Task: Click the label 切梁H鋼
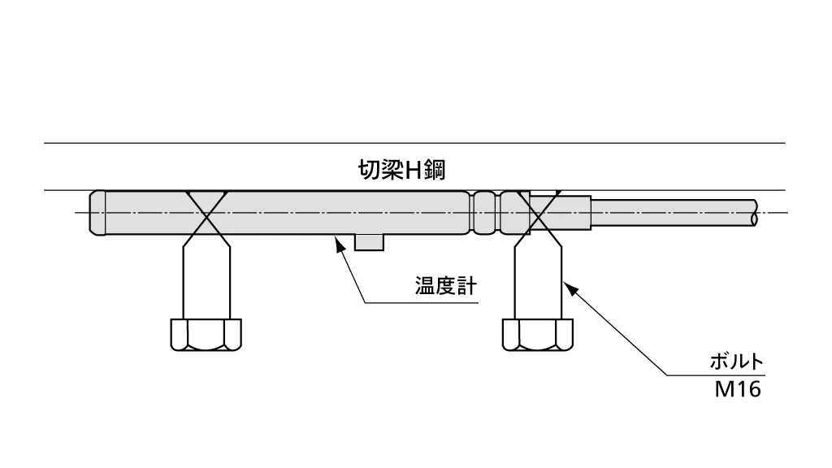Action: (404, 171)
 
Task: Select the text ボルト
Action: (733, 362)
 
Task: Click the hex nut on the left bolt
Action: (206, 334)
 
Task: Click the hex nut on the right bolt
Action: (536, 334)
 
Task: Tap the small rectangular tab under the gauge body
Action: (370, 242)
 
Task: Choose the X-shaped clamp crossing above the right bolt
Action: (537, 214)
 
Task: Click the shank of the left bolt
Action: (206, 280)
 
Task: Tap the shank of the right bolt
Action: (538, 280)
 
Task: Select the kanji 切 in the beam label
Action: (369, 171)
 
